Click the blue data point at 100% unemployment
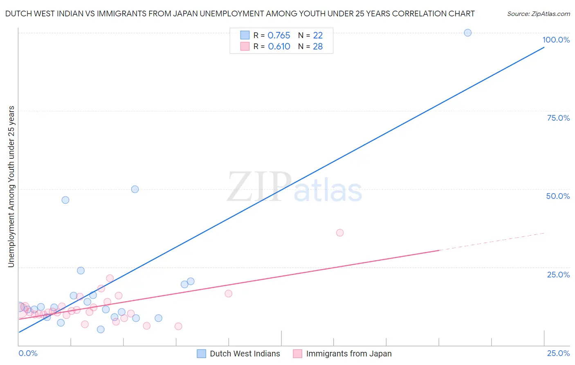click(x=467, y=33)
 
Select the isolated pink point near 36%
click(x=339, y=233)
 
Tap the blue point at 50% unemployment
click(x=135, y=189)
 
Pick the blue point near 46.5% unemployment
click(x=65, y=200)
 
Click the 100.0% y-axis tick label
click(x=556, y=40)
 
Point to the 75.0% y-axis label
click(x=558, y=118)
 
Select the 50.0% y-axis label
click(x=558, y=196)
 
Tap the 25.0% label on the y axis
click(x=558, y=274)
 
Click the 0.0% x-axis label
click(x=28, y=353)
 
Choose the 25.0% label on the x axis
click(x=558, y=353)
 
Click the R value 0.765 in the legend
click(x=279, y=35)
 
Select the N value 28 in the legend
click(x=318, y=47)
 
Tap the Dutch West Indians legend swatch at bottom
click(x=201, y=354)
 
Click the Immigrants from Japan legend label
click(x=349, y=354)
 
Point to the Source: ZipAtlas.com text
click(x=538, y=14)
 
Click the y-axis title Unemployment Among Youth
click(x=11, y=187)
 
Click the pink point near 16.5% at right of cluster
click(x=228, y=293)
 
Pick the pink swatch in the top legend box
click(x=245, y=47)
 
